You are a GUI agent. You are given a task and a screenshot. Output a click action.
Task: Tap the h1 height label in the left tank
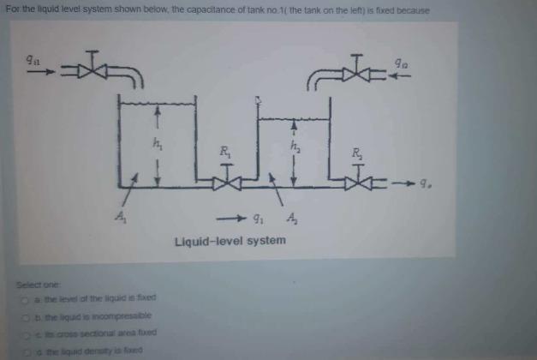click(x=157, y=143)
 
